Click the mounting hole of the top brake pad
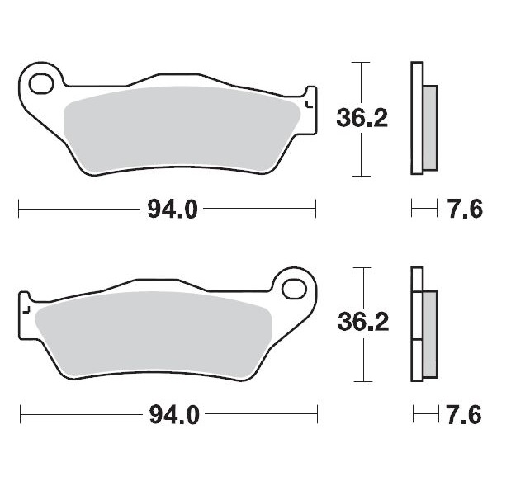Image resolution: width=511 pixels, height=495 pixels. (40, 83)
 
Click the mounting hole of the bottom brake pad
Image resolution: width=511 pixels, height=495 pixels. (293, 289)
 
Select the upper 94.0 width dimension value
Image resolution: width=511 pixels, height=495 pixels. (172, 210)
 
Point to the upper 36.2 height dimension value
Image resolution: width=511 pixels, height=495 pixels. (362, 119)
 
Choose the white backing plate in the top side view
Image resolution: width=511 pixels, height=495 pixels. (417, 119)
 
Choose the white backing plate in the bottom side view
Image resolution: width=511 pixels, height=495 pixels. (417, 324)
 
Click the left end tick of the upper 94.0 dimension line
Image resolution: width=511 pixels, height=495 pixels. (18, 210)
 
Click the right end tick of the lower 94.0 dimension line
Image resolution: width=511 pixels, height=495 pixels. (317, 414)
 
